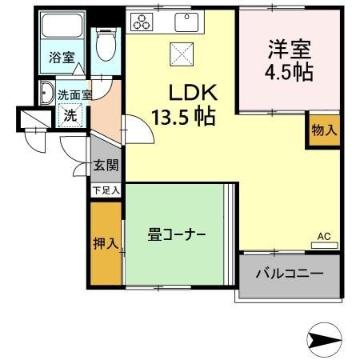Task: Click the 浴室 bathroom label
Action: point(62,58)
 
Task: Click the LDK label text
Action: point(190,91)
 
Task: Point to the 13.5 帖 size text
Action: point(183,118)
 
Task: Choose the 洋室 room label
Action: point(290,49)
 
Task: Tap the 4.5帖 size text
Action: point(290,72)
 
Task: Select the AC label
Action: point(324,237)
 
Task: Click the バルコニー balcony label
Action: point(290,274)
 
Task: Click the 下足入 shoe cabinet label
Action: point(105,190)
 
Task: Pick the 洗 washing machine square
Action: point(70,114)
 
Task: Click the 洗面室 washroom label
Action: point(74,94)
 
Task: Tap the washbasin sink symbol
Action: point(45,92)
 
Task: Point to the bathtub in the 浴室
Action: point(62,30)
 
